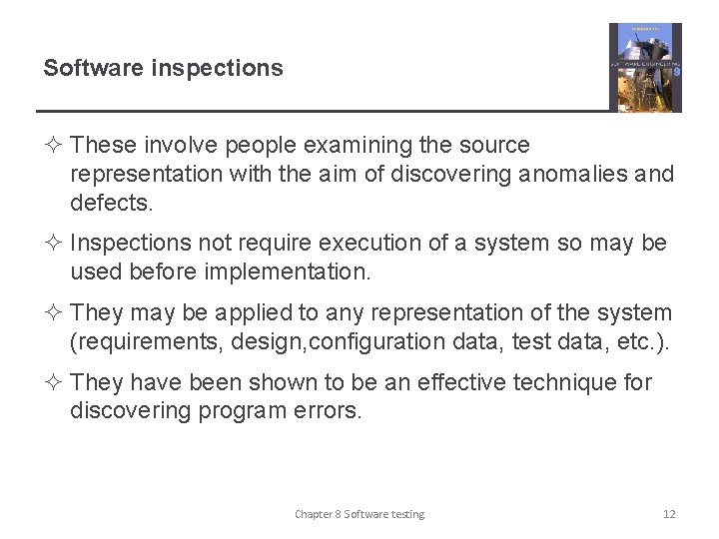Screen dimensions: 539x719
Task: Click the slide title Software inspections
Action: click(163, 69)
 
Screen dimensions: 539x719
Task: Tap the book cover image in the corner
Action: click(645, 68)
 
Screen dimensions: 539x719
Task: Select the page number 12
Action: click(669, 514)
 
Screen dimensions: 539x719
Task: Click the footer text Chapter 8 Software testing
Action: click(359, 514)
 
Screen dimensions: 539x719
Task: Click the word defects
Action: click(112, 204)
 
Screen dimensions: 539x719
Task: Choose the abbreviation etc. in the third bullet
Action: click(635, 342)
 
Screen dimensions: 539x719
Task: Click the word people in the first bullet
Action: click(254, 146)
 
